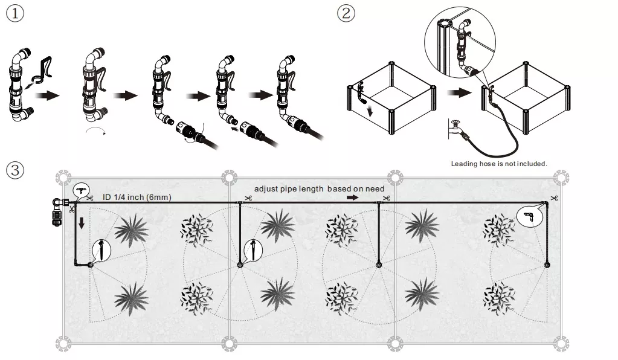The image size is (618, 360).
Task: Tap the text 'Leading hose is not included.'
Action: pos(499,164)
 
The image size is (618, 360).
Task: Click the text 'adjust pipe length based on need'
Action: pos(319,189)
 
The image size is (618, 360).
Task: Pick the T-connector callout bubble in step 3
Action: pos(81,190)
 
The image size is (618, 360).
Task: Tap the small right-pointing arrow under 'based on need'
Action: pos(352,198)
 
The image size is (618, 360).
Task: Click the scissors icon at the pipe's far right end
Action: pos(554,198)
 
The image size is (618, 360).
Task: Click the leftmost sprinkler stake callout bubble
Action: pos(102,250)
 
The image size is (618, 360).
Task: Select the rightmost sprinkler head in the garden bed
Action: pos(547,265)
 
